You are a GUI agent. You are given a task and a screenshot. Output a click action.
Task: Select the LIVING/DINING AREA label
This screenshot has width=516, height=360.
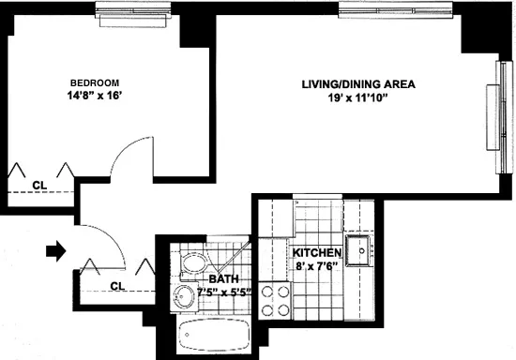coord(358,83)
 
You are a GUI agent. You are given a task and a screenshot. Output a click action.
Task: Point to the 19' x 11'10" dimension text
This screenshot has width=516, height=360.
coord(358,97)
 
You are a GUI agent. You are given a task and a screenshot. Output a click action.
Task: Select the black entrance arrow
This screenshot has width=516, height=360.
coord(57,250)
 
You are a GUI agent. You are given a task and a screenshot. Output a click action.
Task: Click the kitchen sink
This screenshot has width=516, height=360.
coord(359,250)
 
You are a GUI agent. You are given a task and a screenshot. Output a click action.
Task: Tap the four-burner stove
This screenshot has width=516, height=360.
coord(276,300)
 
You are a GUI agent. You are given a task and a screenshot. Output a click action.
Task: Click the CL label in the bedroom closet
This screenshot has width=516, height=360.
coord(39,184)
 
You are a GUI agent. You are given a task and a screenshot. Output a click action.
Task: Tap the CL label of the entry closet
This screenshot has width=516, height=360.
coord(116,286)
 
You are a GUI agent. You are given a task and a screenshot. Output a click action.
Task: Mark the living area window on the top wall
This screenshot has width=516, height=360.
coord(377,11)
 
